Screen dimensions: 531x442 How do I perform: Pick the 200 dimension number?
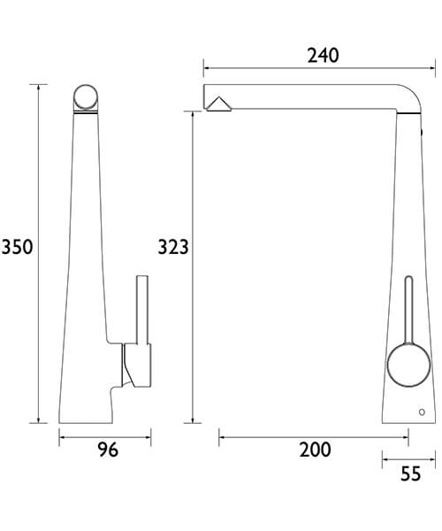315,450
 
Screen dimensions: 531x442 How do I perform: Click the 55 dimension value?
410,474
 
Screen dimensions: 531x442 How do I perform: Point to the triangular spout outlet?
217,104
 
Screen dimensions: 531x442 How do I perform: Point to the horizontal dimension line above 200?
314,435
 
